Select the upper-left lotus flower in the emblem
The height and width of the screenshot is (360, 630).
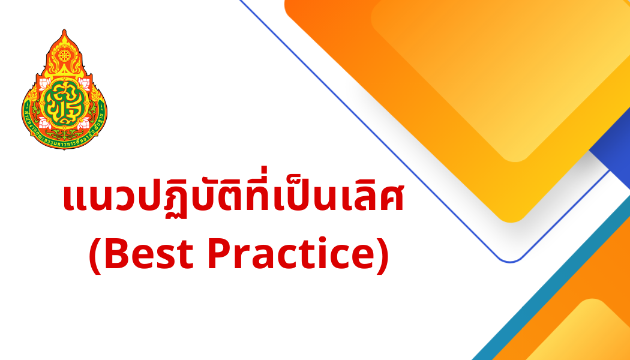44,85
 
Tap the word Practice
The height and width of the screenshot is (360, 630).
291,254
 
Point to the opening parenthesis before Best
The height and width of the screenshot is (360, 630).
96,256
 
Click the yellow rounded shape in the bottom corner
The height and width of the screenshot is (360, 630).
585,333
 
